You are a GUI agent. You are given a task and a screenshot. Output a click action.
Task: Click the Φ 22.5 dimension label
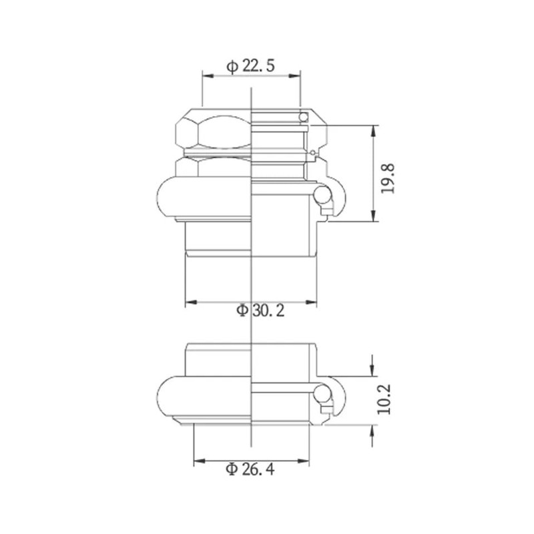(250, 65)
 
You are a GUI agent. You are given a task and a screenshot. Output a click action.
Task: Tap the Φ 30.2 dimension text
(260, 310)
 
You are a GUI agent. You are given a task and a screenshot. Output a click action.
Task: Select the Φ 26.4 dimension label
(250, 469)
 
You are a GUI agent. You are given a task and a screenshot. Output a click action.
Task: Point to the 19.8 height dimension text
(388, 179)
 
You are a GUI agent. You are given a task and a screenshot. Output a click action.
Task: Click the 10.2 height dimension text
(384, 399)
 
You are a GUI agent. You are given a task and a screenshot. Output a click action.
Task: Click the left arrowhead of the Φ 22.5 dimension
(208, 75)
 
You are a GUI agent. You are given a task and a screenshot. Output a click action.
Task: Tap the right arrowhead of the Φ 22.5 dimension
(294, 75)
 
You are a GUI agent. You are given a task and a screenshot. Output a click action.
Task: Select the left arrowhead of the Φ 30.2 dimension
(192, 302)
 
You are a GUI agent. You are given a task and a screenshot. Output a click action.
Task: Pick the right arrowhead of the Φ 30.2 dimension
(311, 302)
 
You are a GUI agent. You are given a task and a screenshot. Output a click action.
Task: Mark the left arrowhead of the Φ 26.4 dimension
(200, 461)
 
